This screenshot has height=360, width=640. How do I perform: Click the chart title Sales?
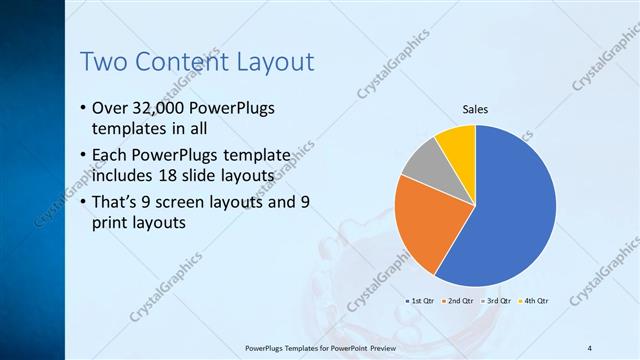[x=475, y=110]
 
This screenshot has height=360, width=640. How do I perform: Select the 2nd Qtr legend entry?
[x=458, y=300]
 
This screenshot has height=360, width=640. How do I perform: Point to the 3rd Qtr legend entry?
[x=497, y=300]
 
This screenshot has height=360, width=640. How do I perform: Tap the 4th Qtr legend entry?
[x=535, y=300]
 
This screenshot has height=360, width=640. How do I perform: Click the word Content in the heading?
[x=181, y=62]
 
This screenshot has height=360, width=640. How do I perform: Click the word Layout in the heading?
[x=275, y=62]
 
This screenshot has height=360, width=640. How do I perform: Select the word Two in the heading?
[x=102, y=62]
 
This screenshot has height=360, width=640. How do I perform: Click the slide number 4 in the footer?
[x=590, y=348]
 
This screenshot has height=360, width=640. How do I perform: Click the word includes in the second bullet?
[x=124, y=176]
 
